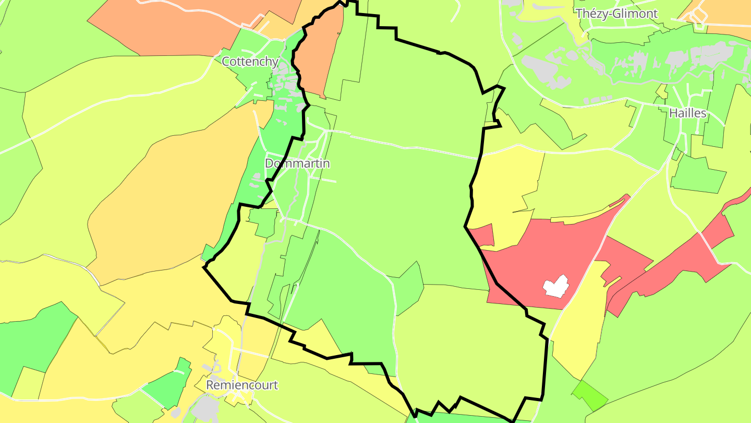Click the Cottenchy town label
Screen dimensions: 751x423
(250, 62)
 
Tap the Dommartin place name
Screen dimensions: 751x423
(297, 163)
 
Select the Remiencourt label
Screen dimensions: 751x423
(242, 385)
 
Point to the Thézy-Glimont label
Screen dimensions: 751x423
(616, 14)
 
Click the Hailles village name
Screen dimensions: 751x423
(687, 113)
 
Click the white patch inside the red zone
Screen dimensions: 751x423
(555, 286)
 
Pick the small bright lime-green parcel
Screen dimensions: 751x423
(590, 395)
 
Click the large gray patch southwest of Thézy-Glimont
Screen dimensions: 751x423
(542, 70)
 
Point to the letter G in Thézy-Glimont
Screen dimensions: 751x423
(616, 14)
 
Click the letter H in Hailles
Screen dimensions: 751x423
(673, 113)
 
